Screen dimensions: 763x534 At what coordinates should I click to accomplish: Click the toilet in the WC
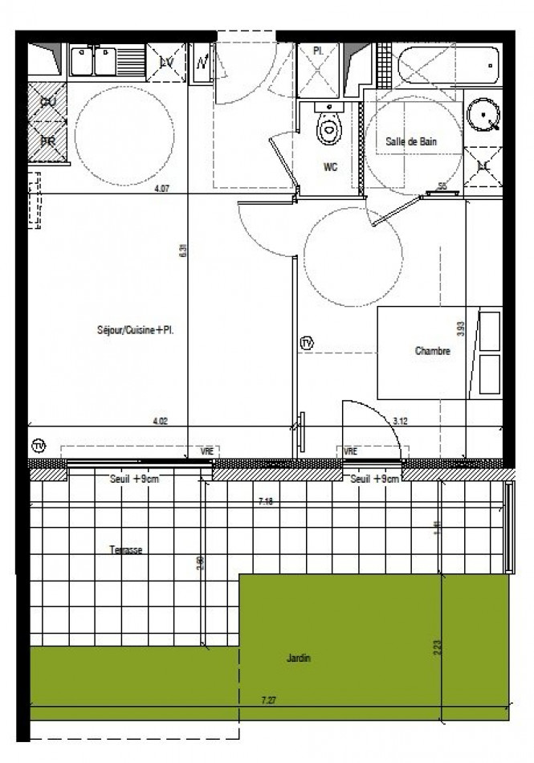(328, 128)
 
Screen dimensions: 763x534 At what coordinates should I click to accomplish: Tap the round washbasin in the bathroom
(483, 118)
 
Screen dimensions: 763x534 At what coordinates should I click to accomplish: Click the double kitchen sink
(95, 62)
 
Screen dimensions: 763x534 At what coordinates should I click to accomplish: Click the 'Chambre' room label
(432, 351)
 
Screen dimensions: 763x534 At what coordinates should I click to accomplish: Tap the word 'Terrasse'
(126, 550)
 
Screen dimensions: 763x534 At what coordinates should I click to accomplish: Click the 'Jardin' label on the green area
(299, 659)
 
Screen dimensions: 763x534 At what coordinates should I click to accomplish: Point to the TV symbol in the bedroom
(307, 344)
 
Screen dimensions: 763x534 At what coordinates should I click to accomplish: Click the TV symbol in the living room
(38, 446)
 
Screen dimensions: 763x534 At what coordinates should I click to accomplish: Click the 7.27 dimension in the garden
(269, 700)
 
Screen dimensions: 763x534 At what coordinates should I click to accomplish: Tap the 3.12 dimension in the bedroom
(400, 420)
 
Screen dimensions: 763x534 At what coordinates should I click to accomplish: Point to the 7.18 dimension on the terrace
(267, 501)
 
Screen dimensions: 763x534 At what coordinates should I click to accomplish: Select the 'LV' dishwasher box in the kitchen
(167, 62)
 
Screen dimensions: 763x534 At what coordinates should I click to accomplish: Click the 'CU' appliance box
(47, 102)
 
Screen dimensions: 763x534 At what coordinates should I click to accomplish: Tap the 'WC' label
(330, 168)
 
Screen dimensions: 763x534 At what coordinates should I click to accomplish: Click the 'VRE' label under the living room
(207, 452)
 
